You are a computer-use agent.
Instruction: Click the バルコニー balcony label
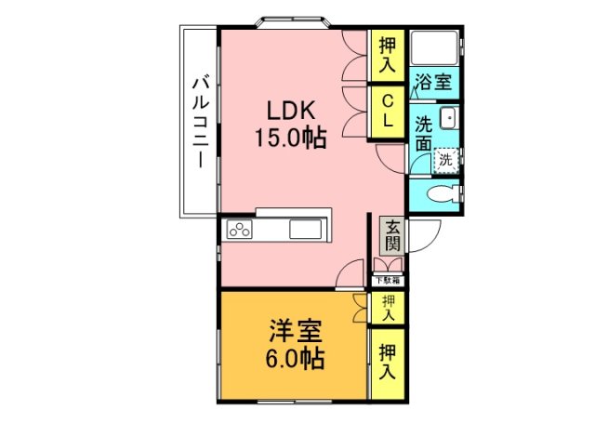[x=199, y=121]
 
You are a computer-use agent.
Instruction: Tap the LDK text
[x=291, y=110]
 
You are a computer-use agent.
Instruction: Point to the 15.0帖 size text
[x=291, y=139]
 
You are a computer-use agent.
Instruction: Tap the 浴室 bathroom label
[x=433, y=81]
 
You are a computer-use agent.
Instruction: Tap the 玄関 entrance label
[x=393, y=236]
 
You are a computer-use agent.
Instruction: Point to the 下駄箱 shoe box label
[x=388, y=280]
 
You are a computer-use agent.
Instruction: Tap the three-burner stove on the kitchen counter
[x=240, y=229]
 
